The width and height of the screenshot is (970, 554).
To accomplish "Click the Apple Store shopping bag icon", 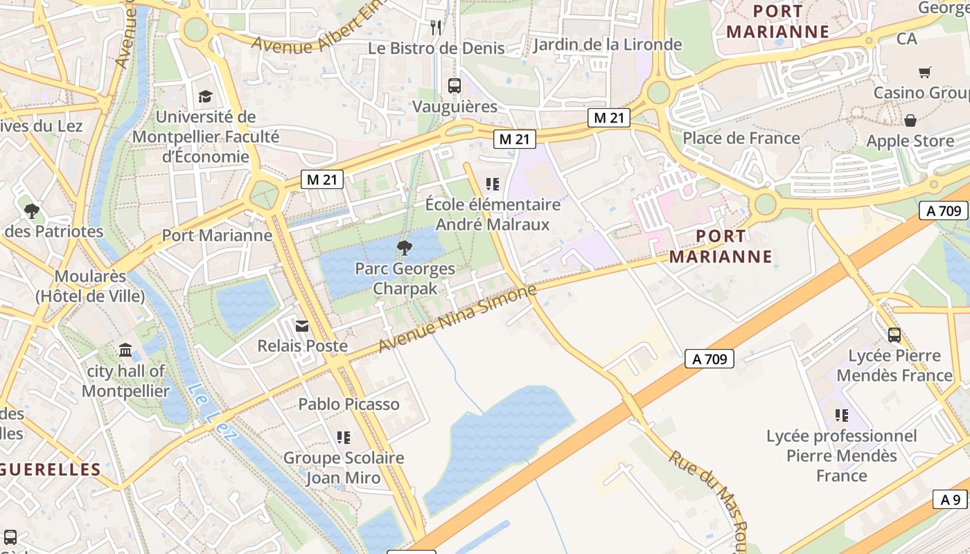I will pos(910,120).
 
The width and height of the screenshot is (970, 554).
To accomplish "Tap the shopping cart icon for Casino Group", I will pos(924,72).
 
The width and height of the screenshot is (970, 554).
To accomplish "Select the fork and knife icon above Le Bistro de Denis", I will pos(436,28).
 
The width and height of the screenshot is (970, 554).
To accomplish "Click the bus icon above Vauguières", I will pos(455,86).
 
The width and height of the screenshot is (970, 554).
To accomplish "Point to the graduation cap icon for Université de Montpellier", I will pos(205,96).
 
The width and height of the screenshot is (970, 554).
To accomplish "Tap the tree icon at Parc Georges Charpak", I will pos(404,247).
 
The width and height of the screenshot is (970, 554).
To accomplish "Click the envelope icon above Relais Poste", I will pos(302,325).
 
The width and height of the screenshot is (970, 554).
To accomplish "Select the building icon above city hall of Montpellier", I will pos(125,350).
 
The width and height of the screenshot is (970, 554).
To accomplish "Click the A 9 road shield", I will pos(951,499).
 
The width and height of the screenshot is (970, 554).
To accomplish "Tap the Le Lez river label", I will pos(212,413).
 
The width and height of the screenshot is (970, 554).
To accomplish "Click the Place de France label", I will pos(741,138).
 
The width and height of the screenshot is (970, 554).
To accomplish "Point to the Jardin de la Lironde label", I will pos(608,45).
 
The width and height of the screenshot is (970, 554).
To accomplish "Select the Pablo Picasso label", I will pos(349,404).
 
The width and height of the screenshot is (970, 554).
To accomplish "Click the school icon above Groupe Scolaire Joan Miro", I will pos(344,437).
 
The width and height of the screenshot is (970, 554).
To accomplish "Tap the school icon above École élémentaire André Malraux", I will pos(493,184).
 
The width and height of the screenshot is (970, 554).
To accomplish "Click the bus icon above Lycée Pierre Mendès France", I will pos(894,335).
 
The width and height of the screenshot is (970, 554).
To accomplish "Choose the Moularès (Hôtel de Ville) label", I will pos(90,286).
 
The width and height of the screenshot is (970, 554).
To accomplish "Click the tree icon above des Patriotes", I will pos(31,211).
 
